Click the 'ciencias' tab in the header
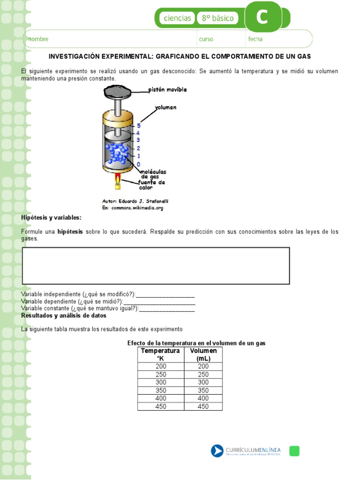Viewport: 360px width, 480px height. click(177, 18)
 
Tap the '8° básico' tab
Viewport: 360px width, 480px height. click(217, 18)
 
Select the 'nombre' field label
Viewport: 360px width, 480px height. click(38, 39)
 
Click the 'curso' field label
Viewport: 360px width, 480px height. click(206, 39)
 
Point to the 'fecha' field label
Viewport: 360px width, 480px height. click(255, 39)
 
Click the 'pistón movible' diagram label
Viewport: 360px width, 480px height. click(167, 90)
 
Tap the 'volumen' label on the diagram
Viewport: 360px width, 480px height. click(165, 107)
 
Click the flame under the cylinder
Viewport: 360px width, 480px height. click(118, 179)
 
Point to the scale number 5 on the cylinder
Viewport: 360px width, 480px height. click(139, 126)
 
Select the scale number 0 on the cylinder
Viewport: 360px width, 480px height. click(139, 164)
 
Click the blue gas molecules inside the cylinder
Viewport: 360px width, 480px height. click(117, 153)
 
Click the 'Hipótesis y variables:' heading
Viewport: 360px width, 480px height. click(51, 218)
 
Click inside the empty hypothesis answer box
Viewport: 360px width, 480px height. click(156, 265)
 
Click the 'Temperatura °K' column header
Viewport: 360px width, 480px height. click(160, 354)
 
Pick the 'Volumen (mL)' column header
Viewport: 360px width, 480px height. click(203, 354)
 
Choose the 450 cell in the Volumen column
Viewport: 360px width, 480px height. click(203, 406)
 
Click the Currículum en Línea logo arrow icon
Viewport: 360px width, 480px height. click(217, 451)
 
